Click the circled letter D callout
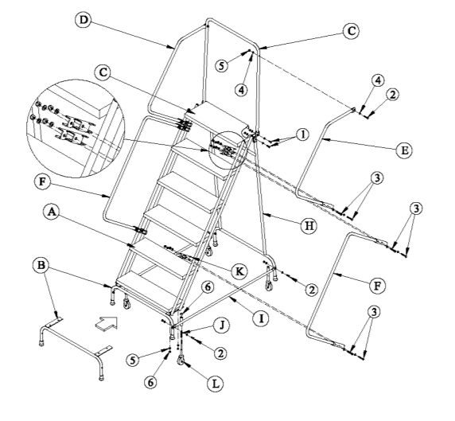(84, 20)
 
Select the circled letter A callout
(52, 212)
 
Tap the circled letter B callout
(41, 265)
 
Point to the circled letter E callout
(404, 150)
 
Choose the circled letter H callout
(309, 225)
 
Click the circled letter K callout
(239, 271)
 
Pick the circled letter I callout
(261, 318)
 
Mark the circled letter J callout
(222, 325)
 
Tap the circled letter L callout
(215, 384)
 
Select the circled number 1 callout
(303, 134)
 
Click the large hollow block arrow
(107, 323)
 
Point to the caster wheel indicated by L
(180, 360)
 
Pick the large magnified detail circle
(76, 128)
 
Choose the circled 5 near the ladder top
(222, 65)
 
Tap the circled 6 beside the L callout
(150, 382)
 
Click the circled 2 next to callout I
(312, 290)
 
